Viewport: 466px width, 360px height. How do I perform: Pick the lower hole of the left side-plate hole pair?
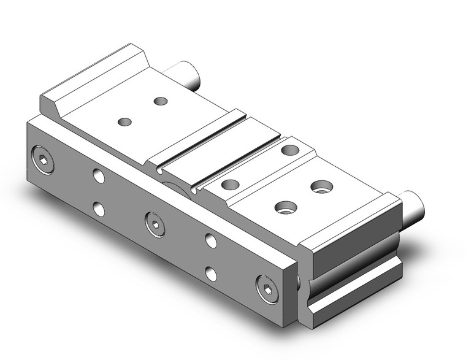[99, 210]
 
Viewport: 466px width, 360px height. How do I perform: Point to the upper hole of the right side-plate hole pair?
[211, 240]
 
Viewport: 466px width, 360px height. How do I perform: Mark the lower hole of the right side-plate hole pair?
[211, 274]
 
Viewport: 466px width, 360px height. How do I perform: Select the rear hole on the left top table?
[161, 101]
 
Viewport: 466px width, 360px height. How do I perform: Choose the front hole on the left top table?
[124, 122]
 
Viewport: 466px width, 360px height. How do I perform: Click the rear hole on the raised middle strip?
[289, 150]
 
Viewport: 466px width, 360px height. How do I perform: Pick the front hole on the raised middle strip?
[230, 184]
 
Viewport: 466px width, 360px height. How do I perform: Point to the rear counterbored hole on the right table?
[319, 185]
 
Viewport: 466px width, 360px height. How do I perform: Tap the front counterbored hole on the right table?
[283, 207]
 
